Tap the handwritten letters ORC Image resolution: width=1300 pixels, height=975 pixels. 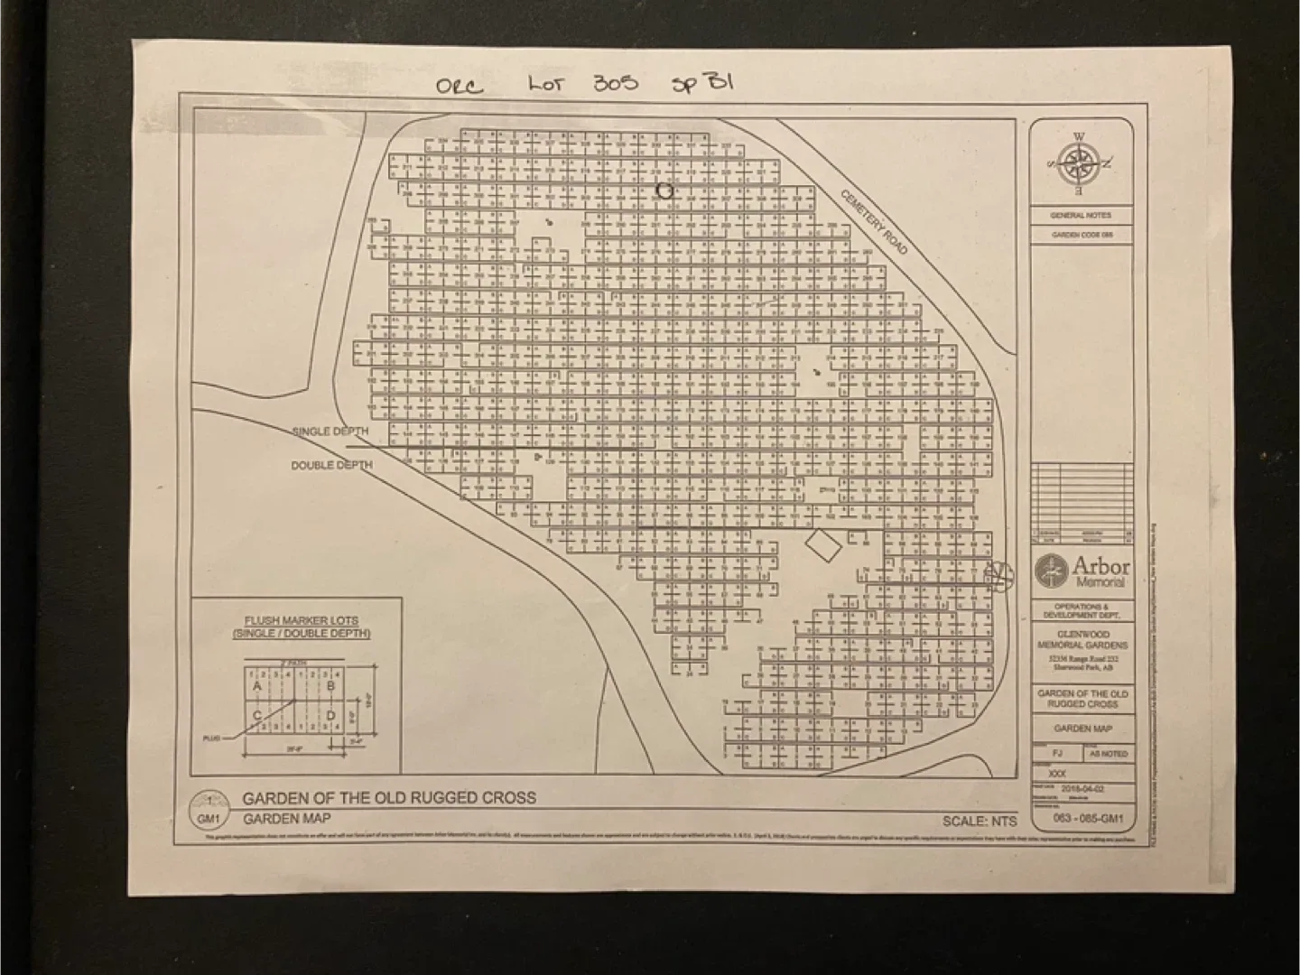460,88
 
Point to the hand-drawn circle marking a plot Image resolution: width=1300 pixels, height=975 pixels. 665,190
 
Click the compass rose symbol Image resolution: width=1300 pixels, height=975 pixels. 1079,163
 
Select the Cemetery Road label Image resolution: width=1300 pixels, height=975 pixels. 872,221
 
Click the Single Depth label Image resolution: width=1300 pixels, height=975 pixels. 330,432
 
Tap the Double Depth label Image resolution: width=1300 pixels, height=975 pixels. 331,465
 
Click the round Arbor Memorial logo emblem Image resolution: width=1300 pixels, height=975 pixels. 1050,570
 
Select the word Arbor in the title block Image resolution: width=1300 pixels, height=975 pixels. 1100,566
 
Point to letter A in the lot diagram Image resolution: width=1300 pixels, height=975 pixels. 257,687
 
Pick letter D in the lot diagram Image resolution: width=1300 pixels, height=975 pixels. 330,716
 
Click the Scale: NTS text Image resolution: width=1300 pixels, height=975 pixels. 980,821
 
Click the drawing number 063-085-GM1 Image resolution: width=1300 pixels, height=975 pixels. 1088,819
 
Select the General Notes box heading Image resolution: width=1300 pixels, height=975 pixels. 1081,216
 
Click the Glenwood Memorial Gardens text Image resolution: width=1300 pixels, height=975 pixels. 1082,640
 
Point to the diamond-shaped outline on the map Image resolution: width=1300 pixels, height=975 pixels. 823,545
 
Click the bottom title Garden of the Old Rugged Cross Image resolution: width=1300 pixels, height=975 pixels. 389,798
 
